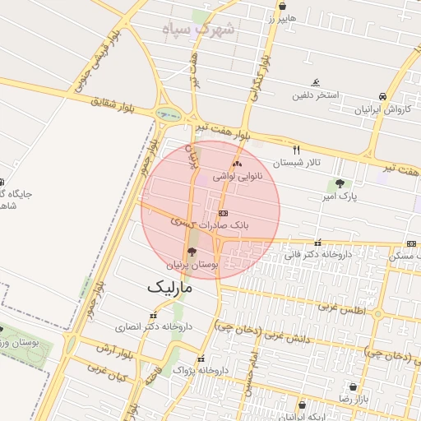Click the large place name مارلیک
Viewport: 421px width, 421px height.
coord(169,288)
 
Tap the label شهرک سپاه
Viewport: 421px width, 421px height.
coord(200,30)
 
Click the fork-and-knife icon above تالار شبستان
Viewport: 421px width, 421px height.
coord(296,150)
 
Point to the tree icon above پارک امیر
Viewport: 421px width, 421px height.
coord(340,183)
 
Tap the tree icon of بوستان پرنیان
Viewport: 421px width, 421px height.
coord(192,252)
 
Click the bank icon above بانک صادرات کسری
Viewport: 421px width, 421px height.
coord(223,212)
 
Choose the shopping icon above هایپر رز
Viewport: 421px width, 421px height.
coord(283,6)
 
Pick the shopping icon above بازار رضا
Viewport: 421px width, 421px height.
coord(354,386)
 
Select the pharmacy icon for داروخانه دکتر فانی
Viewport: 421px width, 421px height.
coord(318,243)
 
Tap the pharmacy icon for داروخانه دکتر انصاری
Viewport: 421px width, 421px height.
coord(152,315)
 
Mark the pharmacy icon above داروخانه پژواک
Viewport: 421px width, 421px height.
coord(201,359)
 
